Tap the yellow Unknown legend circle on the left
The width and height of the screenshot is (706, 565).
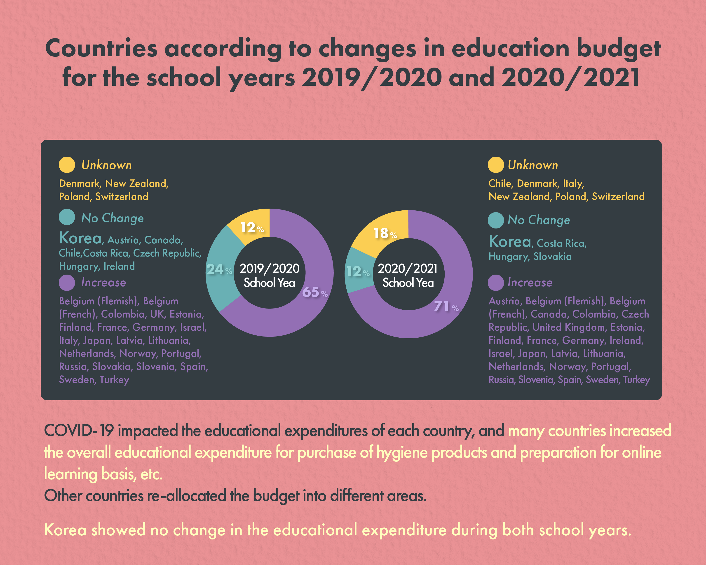[x=67, y=165]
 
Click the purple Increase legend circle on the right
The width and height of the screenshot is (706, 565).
[x=495, y=282]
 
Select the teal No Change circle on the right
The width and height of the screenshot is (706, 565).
[x=495, y=220]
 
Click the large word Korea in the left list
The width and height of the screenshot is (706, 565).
[x=80, y=238]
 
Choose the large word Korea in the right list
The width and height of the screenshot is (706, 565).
[x=509, y=242]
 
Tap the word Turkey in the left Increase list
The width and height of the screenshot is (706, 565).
[x=114, y=380]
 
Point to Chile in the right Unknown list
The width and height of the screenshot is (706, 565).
[x=500, y=184]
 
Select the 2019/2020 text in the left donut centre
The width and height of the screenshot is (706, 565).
[x=269, y=268]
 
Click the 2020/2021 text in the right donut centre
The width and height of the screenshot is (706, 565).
[x=408, y=268]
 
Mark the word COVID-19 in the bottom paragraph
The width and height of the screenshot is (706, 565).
[x=79, y=430]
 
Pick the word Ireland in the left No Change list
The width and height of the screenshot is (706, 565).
[x=119, y=266]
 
